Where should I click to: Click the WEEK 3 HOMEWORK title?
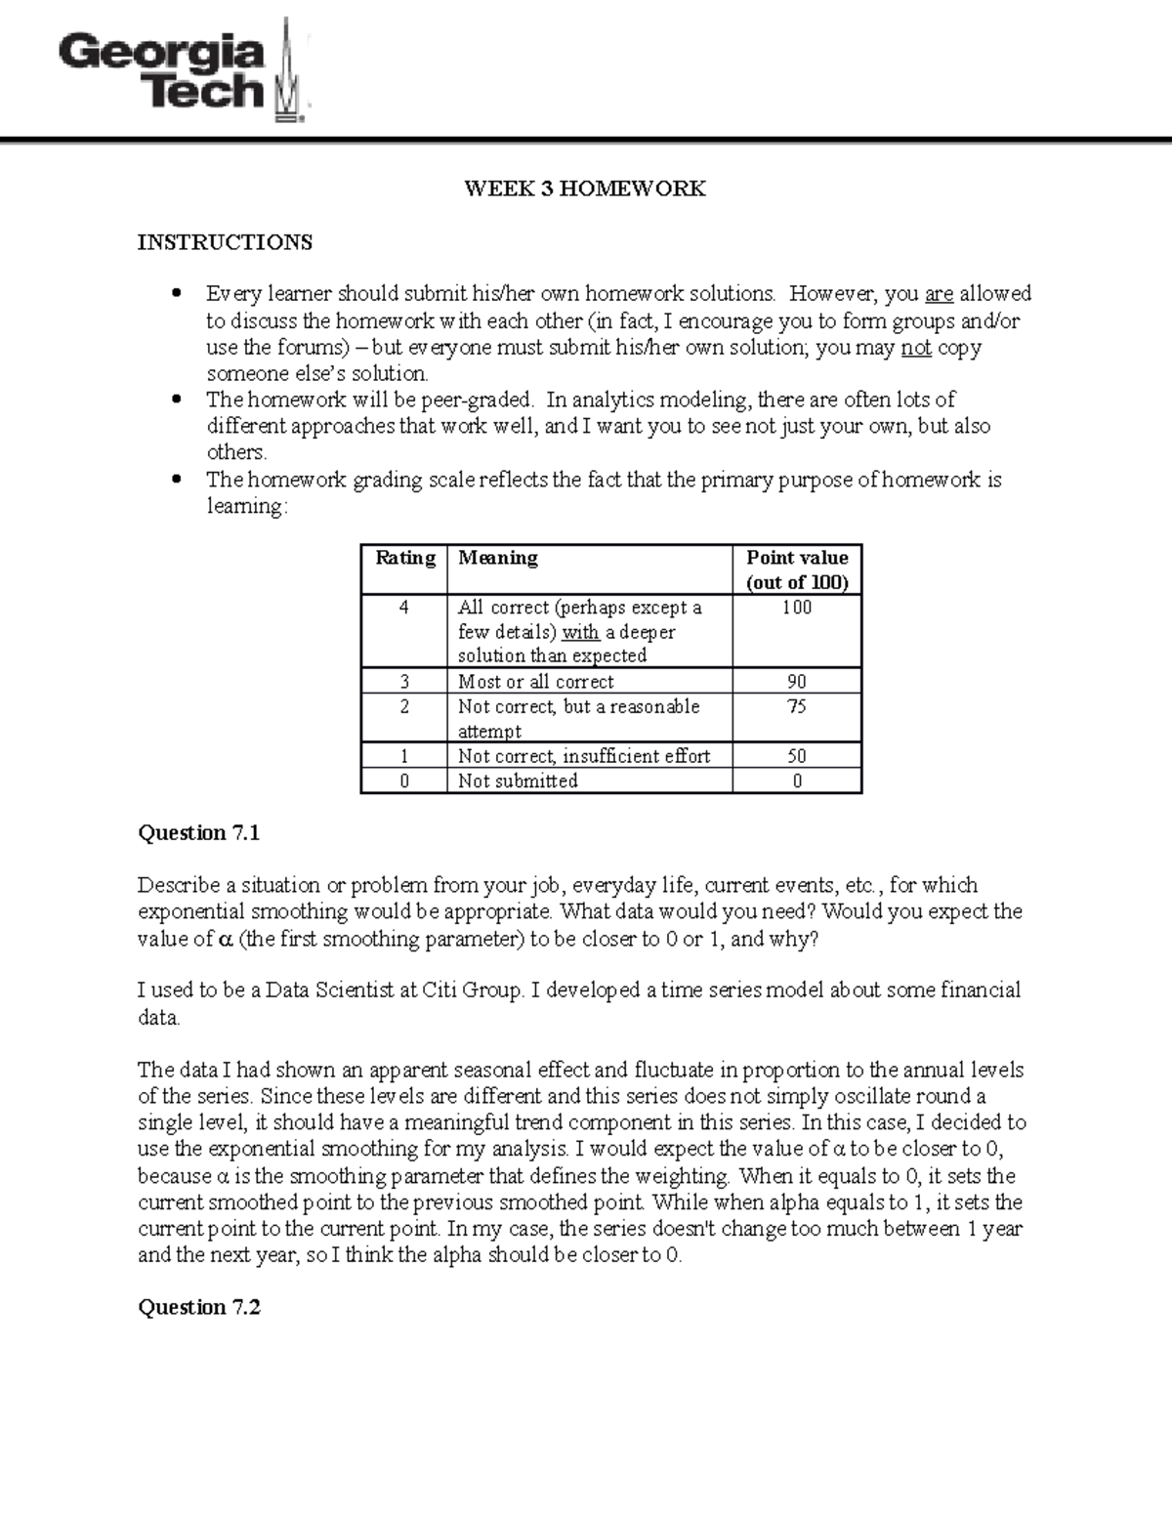point(584,189)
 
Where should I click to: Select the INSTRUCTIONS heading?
point(225,242)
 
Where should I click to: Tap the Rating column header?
point(404,558)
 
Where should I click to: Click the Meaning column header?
point(498,558)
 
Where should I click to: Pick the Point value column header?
point(797,569)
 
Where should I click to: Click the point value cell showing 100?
point(797,608)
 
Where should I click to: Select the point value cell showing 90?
point(797,682)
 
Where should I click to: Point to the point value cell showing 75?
point(797,706)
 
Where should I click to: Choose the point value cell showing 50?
point(797,756)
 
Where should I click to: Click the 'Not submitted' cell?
point(518,781)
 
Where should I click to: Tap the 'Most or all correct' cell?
point(535,682)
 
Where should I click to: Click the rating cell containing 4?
point(404,608)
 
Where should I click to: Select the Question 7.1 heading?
point(199,833)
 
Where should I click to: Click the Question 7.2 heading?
point(199,1308)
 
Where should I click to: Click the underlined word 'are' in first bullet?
point(939,294)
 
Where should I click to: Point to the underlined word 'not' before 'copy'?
point(916,348)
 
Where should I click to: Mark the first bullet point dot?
point(176,293)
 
